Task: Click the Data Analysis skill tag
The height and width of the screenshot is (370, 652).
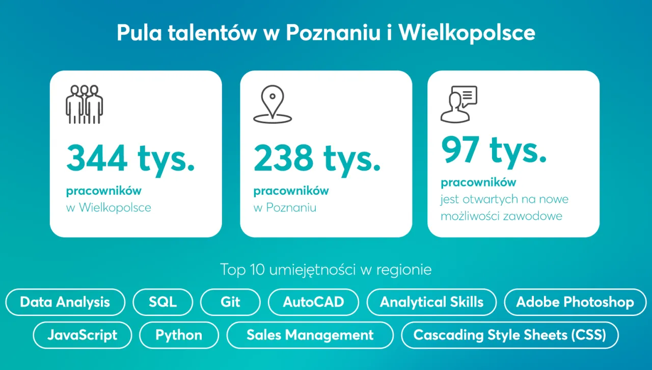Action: [65, 302]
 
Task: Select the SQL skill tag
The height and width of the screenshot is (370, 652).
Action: [163, 302]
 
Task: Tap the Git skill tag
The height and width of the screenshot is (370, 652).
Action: [230, 302]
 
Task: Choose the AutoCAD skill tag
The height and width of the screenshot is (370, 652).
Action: [313, 302]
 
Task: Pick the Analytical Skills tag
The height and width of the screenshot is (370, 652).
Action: [431, 302]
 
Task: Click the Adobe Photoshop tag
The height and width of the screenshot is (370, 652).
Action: [575, 302]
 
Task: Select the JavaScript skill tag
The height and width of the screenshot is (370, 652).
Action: [83, 335]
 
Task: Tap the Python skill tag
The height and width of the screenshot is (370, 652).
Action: [179, 335]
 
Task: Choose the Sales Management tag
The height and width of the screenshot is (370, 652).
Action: [310, 335]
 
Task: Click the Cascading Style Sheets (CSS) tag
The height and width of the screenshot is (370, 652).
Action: [510, 335]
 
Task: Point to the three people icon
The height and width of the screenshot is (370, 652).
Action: [85, 104]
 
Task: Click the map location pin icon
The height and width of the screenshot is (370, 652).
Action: [273, 104]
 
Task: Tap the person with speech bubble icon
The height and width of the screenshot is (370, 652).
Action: [458, 104]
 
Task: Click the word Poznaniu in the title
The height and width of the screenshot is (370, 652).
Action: [333, 33]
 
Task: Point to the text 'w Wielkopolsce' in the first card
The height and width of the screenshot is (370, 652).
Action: [108, 208]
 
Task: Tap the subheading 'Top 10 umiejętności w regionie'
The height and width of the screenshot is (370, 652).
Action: [326, 269]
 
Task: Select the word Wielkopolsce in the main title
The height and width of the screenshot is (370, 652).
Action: [467, 33]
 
